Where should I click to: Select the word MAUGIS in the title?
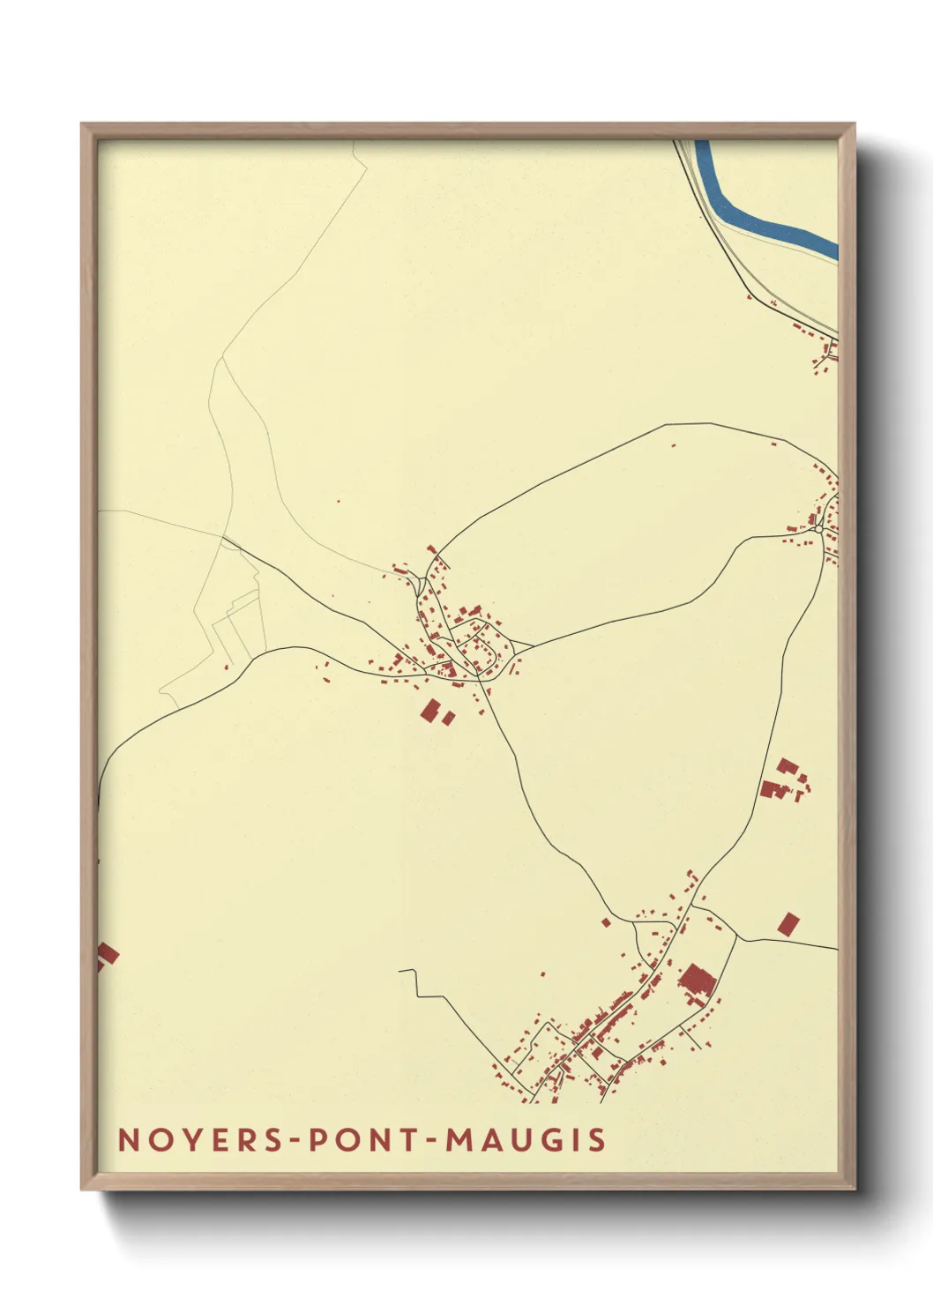pos(526,1139)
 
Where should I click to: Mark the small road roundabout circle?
pos(819,529)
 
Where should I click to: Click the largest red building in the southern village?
pos(697,981)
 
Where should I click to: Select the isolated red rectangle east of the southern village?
pos(788,923)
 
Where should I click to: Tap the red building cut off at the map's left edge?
pos(106,954)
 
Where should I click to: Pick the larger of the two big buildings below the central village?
pos(430,711)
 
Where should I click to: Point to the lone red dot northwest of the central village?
pos(338,503)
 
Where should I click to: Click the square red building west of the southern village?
pos(606,922)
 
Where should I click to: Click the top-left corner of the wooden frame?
pos(82,124)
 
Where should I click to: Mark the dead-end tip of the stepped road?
pos(399,971)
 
